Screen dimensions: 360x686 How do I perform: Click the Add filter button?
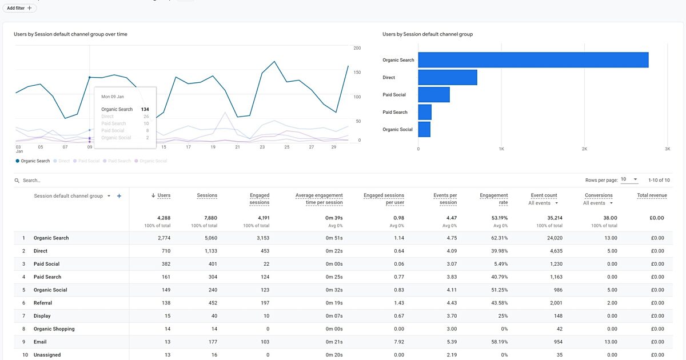point(20,8)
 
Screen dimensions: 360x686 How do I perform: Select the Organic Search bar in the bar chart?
point(533,60)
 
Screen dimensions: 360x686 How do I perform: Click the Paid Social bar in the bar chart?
point(434,95)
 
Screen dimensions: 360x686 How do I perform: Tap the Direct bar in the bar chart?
point(447,77)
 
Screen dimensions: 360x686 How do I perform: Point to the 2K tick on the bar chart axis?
point(584,149)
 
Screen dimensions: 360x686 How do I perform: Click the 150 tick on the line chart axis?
point(357,73)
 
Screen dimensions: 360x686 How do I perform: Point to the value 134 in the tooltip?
point(145,109)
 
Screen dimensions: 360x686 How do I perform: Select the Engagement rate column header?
point(494,199)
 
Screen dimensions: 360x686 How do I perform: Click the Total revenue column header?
point(652,195)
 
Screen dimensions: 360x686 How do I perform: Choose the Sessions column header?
point(207,195)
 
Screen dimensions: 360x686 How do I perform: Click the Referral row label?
point(43,303)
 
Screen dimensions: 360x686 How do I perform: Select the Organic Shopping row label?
point(54,329)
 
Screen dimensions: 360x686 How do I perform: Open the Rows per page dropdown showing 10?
point(629,179)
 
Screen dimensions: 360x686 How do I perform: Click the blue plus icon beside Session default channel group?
point(119,196)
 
